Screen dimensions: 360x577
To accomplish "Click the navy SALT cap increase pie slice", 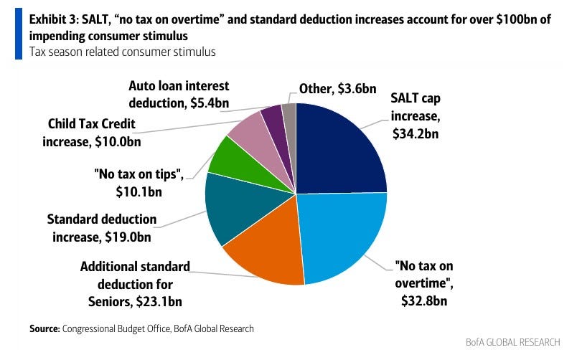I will (337, 151).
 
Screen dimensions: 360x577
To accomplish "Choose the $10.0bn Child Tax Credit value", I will (118, 141).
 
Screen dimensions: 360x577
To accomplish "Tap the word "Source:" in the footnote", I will (44, 328).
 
